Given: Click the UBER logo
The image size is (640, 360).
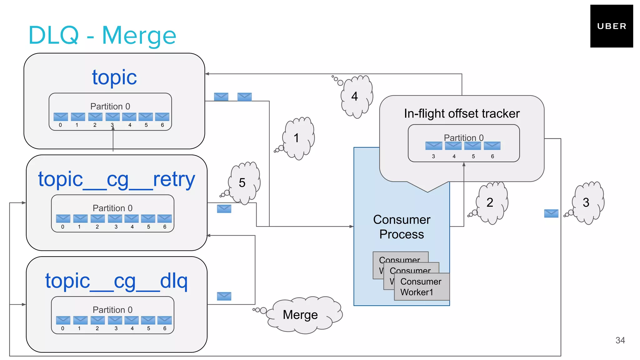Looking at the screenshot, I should [611, 26].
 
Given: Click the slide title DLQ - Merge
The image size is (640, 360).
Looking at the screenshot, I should [102, 35].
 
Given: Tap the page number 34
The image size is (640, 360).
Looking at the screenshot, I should [620, 340].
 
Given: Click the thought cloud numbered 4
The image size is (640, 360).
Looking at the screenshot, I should [356, 96].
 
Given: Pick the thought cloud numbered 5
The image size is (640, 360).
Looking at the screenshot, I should [244, 182].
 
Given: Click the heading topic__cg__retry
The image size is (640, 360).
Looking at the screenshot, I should [117, 179].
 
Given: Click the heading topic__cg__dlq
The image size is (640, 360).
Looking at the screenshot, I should [117, 281].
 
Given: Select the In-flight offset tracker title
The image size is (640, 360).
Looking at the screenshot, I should [462, 113].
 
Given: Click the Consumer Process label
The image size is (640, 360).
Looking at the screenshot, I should [402, 227].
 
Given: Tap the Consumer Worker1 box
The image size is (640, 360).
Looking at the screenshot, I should [421, 287].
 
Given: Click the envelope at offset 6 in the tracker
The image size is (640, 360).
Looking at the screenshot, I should [492, 146].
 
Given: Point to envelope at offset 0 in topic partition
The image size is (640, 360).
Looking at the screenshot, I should [61, 117].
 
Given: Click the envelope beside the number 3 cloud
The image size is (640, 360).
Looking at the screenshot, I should [551, 213].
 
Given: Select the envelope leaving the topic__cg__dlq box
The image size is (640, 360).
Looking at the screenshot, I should [224, 296].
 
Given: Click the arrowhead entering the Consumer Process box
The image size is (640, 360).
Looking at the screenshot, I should [352, 226].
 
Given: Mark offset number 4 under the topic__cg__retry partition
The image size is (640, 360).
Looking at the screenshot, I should [132, 227].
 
